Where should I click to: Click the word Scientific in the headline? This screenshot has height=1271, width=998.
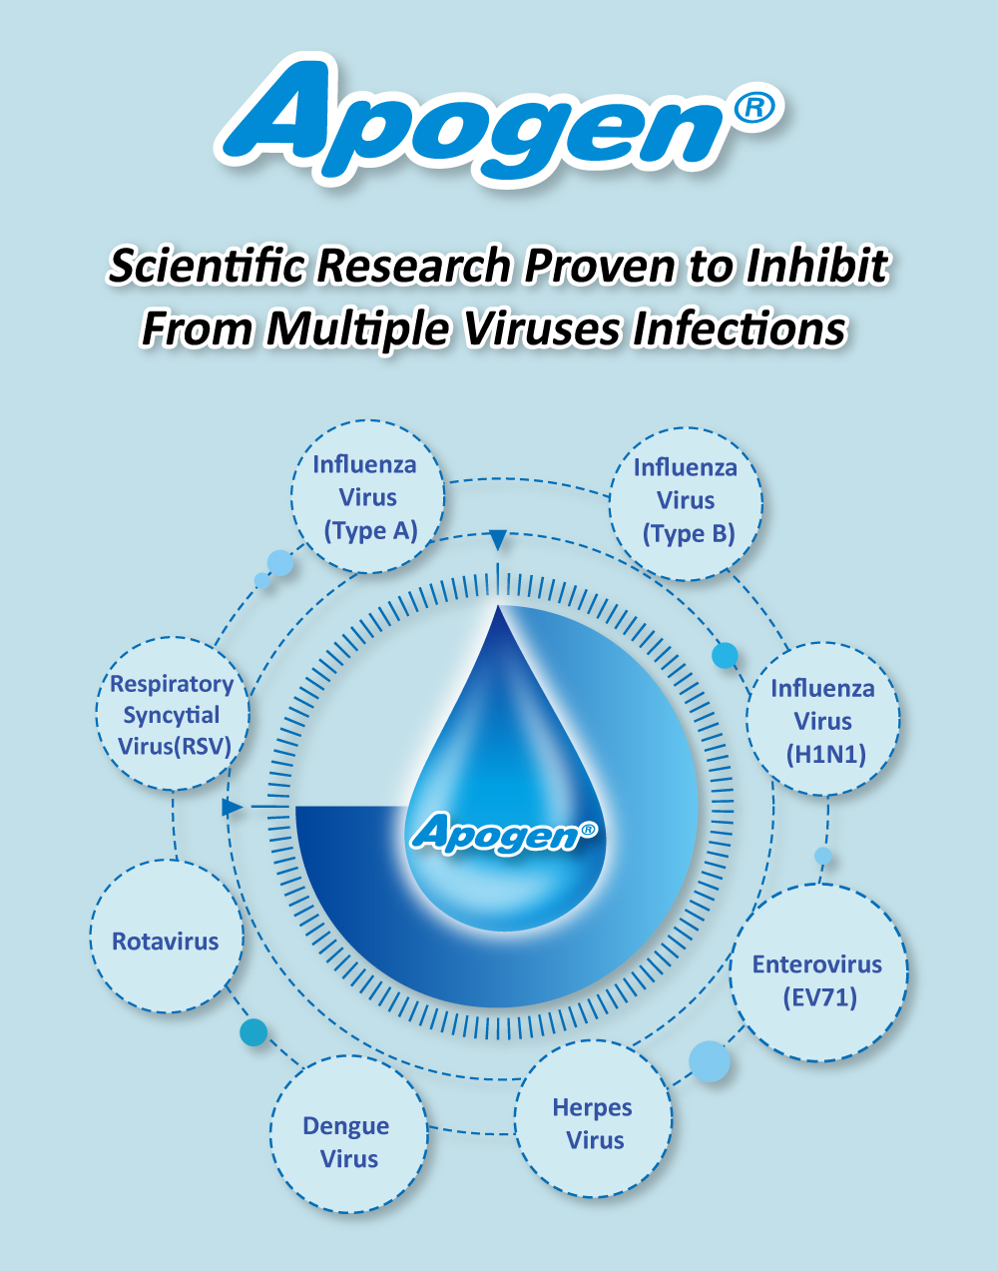(x=210, y=267)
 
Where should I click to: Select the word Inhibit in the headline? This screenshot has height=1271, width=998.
(x=817, y=267)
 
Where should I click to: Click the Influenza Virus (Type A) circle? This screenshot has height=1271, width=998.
(x=366, y=496)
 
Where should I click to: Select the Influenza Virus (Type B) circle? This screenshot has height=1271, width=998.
(x=687, y=500)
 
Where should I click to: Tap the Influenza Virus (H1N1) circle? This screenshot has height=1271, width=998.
(x=823, y=720)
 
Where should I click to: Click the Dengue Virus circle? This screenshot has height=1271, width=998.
(x=348, y=1140)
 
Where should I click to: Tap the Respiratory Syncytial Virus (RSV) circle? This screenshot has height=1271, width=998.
(x=173, y=714)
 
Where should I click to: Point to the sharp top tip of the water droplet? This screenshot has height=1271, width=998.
(x=498, y=609)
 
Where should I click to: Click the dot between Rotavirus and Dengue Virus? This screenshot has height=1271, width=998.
(x=253, y=1031)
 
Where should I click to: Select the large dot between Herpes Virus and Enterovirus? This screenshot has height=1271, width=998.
(x=709, y=1061)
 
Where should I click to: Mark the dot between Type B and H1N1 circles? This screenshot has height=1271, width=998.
(x=725, y=655)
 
